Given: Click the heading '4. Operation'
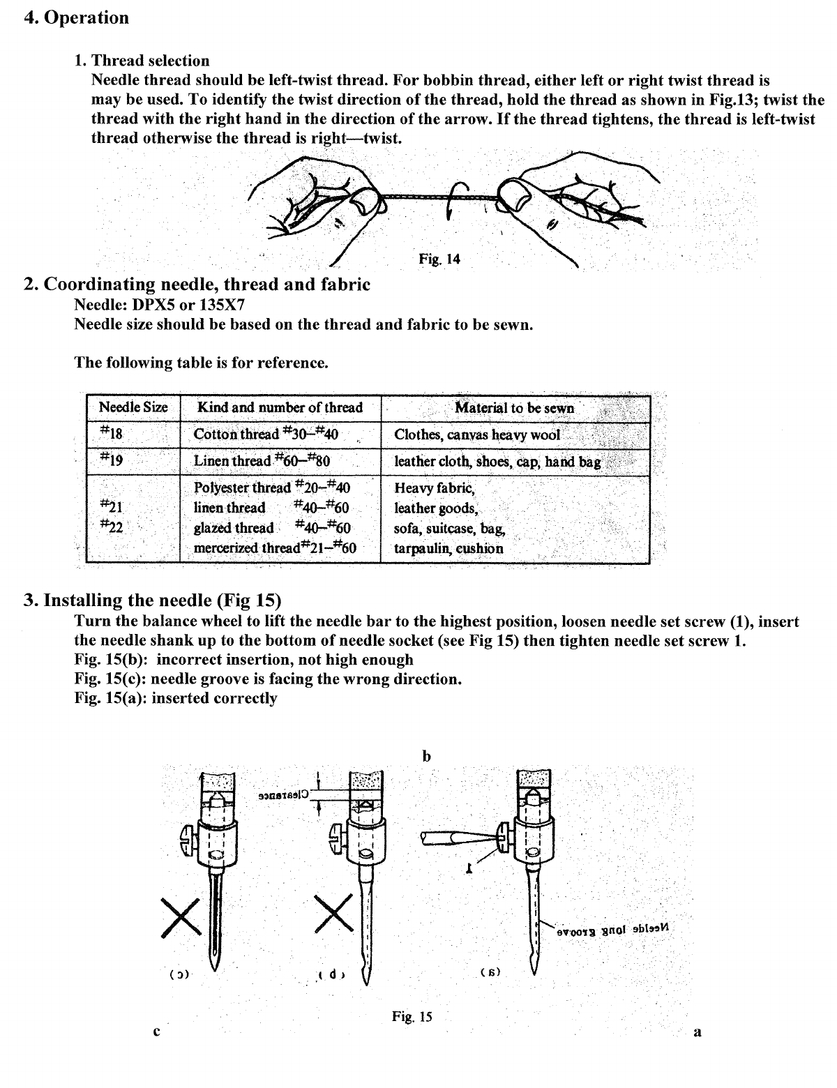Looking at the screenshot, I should [76, 17].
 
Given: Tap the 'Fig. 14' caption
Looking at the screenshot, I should [439, 259].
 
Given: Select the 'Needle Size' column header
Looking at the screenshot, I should [133, 408].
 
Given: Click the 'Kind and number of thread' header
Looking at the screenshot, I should [280, 408].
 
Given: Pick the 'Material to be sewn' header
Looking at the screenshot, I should [514, 408].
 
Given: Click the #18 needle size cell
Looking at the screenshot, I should [112, 434].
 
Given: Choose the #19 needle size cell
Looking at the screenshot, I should [112, 460].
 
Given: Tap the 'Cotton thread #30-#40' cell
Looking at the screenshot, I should [266, 434].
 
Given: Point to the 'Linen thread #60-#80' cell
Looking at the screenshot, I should [262, 460].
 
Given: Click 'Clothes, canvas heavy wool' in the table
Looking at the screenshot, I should [477, 435].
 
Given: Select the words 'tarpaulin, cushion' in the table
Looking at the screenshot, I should [448, 548].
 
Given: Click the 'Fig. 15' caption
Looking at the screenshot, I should [412, 1017].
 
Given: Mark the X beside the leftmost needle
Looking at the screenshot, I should [181, 915].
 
